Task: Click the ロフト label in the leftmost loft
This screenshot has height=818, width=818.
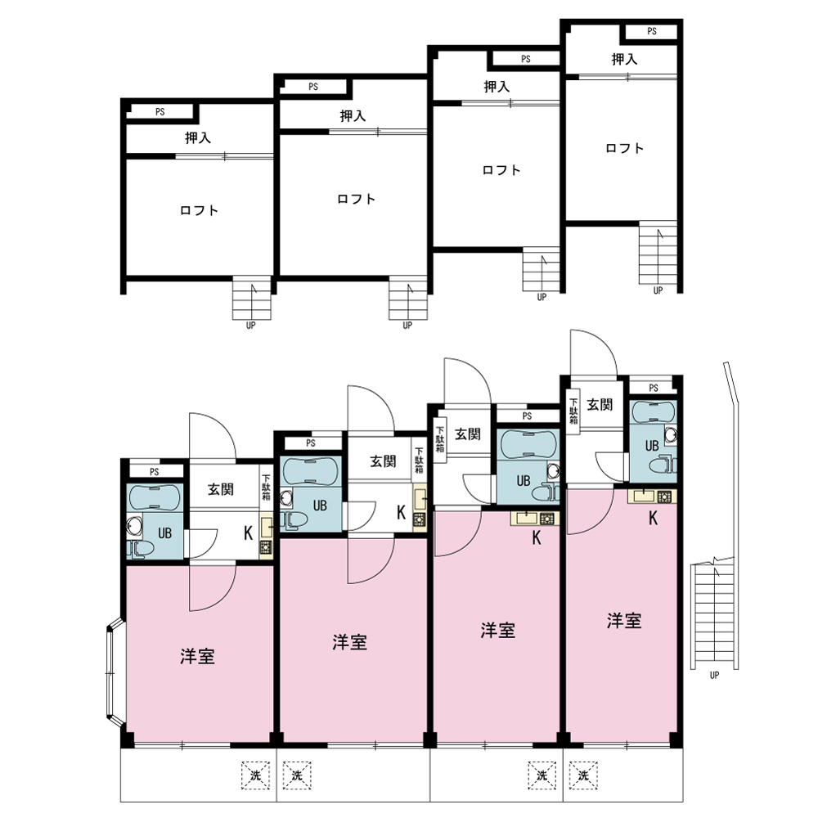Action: pyautogui.click(x=199, y=211)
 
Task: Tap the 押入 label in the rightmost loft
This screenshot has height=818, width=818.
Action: pyautogui.click(x=624, y=60)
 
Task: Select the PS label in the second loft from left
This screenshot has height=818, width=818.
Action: pyautogui.click(x=313, y=87)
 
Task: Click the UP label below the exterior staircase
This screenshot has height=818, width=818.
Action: pyautogui.click(x=714, y=675)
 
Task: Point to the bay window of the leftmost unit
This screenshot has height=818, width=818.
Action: pyautogui.click(x=114, y=673)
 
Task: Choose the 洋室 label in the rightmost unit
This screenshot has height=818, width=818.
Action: pyautogui.click(x=624, y=621)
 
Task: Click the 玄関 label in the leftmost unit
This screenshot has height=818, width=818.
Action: pyautogui.click(x=221, y=489)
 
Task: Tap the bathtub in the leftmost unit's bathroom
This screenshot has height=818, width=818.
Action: pyautogui.click(x=155, y=497)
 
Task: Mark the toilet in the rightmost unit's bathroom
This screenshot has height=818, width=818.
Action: pyautogui.click(x=664, y=464)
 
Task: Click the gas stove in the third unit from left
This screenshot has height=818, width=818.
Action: pyautogui.click(x=546, y=519)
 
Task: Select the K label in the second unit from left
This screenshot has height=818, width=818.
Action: pyautogui.click(x=401, y=513)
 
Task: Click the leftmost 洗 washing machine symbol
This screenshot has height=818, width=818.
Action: pyautogui.click(x=255, y=775)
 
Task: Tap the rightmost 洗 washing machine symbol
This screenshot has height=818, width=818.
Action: pyautogui.click(x=583, y=775)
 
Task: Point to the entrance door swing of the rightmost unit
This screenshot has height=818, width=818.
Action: pyautogui.click(x=594, y=352)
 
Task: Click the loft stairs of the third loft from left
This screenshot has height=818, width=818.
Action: pyautogui.click(x=541, y=270)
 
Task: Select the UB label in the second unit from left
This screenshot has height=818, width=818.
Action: pyautogui.click(x=320, y=505)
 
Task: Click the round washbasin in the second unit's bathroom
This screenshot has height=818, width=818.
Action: pyautogui.click(x=285, y=499)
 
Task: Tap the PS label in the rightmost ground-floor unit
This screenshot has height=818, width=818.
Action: pyautogui.click(x=653, y=388)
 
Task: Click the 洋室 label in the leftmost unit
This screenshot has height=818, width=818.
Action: pyautogui.click(x=197, y=656)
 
